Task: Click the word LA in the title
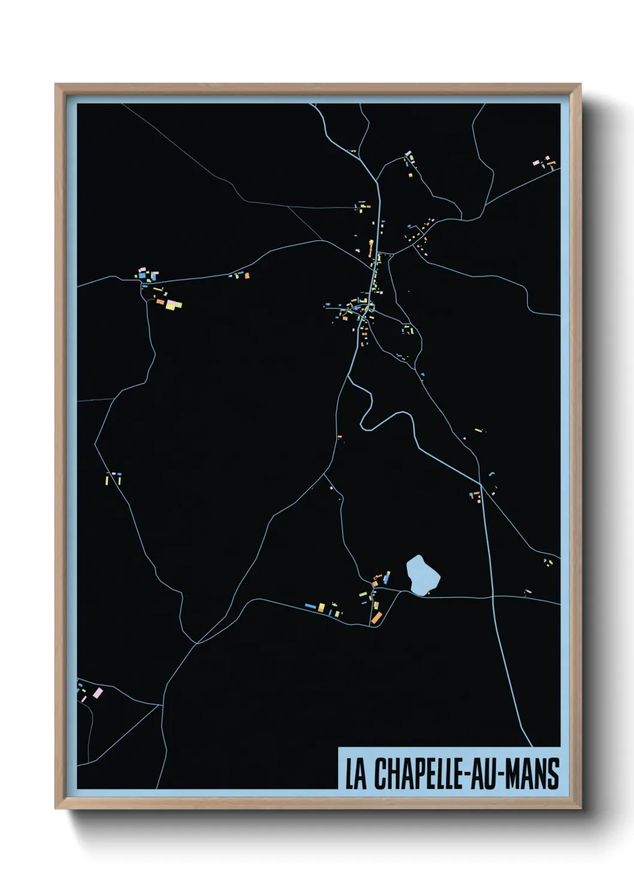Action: click(355, 774)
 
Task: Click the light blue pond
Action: click(422, 574)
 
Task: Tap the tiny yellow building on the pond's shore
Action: click(428, 592)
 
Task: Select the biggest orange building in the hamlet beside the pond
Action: click(376, 617)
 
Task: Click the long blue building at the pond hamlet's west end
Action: click(310, 607)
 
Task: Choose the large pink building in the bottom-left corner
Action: click(98, 693)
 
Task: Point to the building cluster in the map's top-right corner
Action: click(545, 162)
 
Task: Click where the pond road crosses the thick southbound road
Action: click(492, 596)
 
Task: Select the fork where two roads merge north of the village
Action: click(377, 180)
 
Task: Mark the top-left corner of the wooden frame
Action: click(56, 85)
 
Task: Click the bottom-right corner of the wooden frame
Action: click(580, 808)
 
